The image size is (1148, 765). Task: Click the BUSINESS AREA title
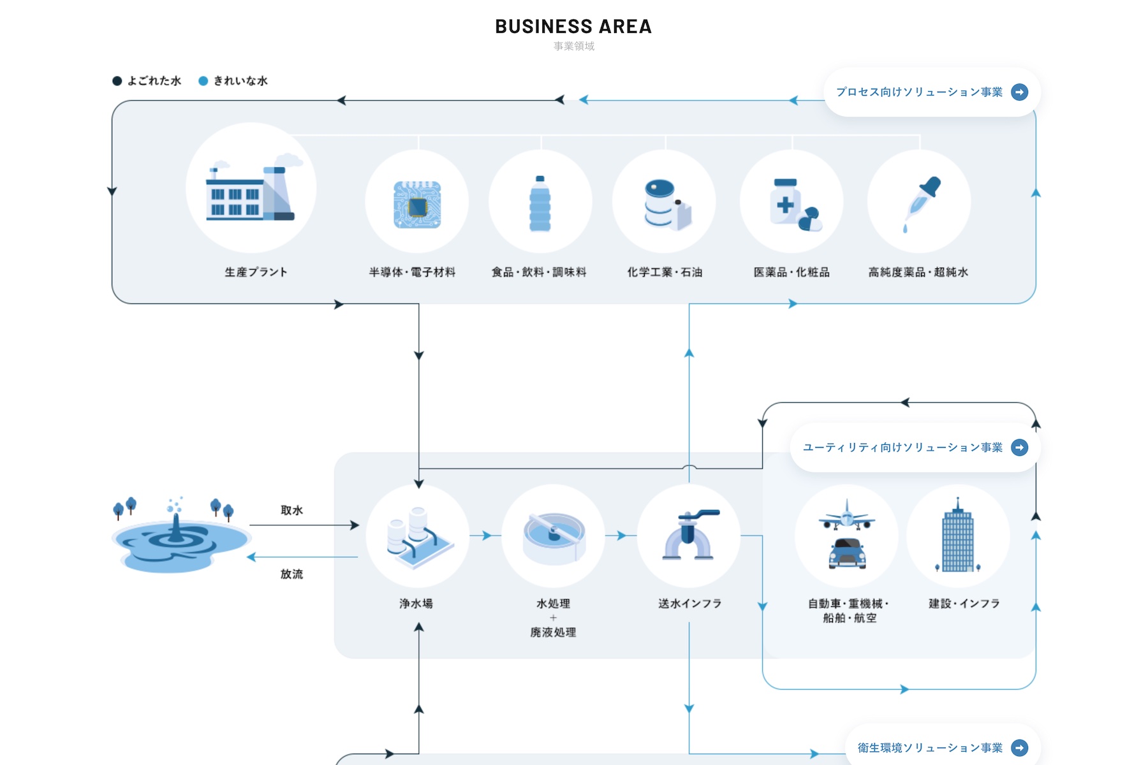click(573, 27)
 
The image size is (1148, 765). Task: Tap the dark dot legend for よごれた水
click(117, 81)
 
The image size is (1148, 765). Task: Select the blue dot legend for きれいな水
click(203, 81)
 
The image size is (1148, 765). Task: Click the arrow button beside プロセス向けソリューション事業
click(1019, 92)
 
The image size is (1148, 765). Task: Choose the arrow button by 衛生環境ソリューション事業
click(1019, 748)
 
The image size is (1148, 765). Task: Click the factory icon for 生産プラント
click(251, 191)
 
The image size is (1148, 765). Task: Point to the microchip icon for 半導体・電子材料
click(417, 205)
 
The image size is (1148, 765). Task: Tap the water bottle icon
click(540, 204)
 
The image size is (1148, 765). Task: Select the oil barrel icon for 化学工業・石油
click(666, 204)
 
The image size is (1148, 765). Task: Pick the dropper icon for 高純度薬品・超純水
click(920, 203)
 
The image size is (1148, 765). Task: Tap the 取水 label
click(291, 510)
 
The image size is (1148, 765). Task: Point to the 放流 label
click(291, 574)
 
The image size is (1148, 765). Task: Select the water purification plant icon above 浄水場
click(418, 537)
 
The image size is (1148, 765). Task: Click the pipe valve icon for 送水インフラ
click(689, 535)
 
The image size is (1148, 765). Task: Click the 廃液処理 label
click(553, 632)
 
